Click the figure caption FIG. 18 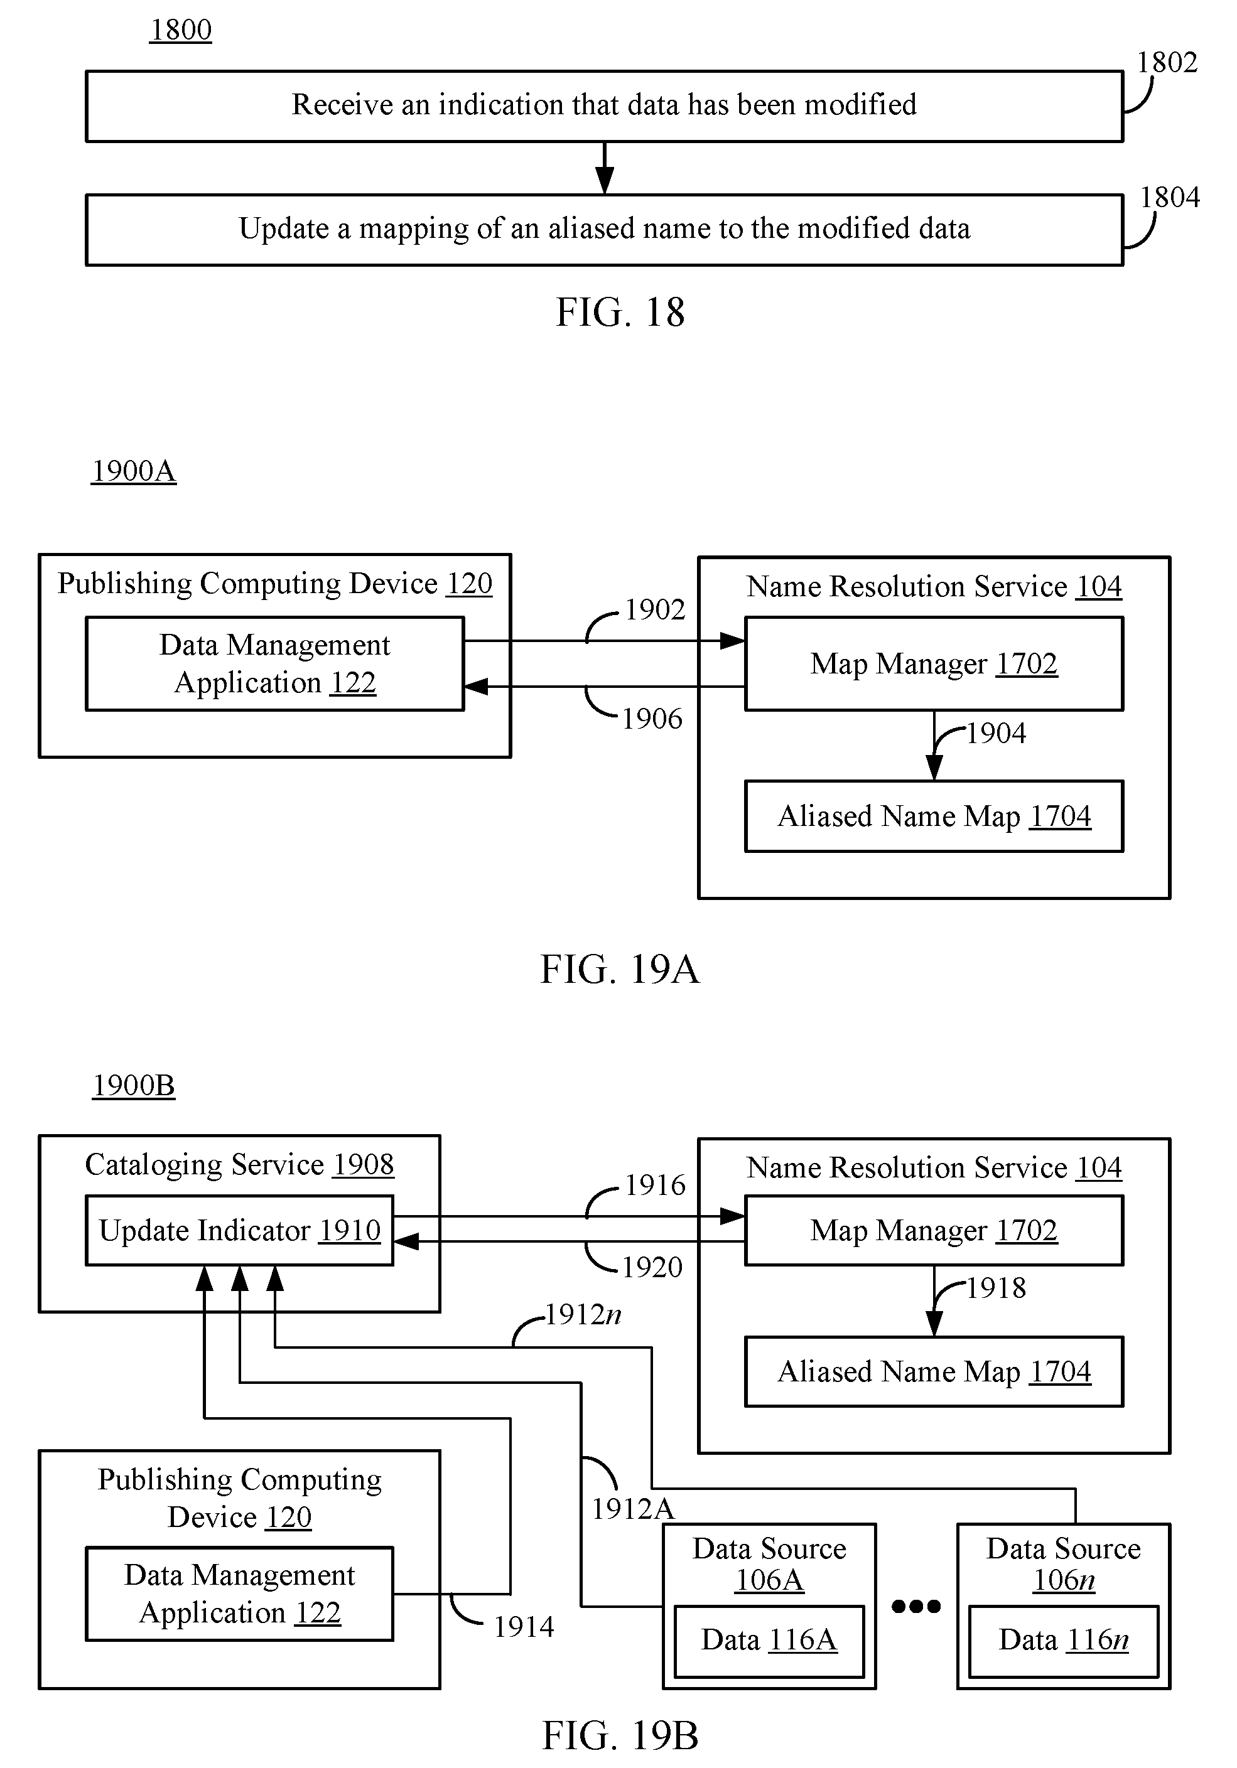tap(620, 313)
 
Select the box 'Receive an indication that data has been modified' tap(605, 106)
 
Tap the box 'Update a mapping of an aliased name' tap(605, 230)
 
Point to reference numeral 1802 tap(1167, 62)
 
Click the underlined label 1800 tap(180, 30)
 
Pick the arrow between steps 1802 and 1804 tap(605, 168)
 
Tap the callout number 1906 tap(652, 719)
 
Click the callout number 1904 tap(996, 733)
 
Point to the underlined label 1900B tap(134, 1086)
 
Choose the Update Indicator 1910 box tap(239, 1231)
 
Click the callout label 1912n tap(583, 1314)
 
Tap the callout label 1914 tap(524, 1627)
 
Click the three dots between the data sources tap(916, 1606)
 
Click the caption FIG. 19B tap(620, 1735)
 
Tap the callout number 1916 tap(655, 1185)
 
